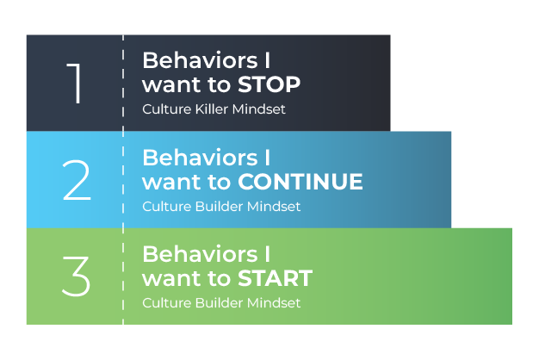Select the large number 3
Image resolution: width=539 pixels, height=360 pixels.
76,276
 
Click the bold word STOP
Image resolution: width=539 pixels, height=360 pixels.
269,85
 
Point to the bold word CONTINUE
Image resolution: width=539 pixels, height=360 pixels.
300,182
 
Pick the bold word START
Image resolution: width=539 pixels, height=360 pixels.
275,278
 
